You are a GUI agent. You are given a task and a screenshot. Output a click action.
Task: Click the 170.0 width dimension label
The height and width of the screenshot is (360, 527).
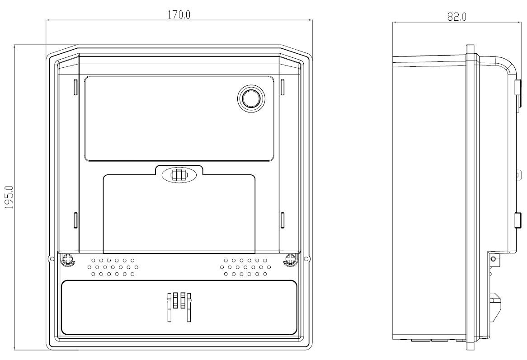[179, 14]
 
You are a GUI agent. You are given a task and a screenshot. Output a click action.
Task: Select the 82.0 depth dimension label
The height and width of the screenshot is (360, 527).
[457, 17]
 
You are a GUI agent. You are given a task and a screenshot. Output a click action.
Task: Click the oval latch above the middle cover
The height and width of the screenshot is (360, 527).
[179, 175]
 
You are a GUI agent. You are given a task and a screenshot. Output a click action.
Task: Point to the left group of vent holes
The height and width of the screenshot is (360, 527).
[113, 267]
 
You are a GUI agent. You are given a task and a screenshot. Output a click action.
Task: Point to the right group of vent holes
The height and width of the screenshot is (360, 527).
[245, 267]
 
